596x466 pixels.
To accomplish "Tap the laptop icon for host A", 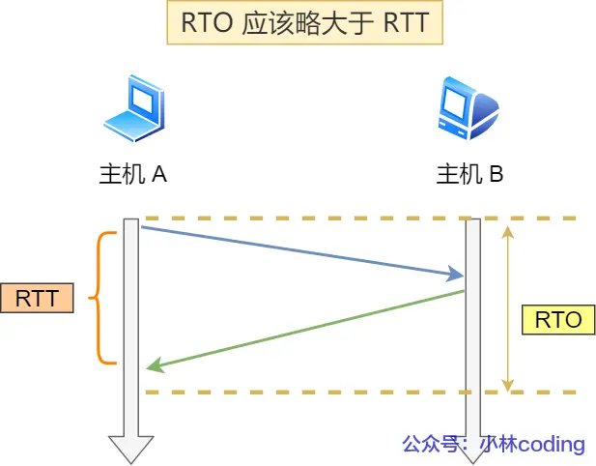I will tap(132, 109).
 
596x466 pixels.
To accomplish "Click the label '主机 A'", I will tap(133, 174).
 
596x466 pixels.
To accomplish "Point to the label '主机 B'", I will tap(469, 174).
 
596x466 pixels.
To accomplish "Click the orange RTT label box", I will tap(38, 298).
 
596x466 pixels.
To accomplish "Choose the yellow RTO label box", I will tap(557, 320).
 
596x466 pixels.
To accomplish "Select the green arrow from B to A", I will tap(304, 329).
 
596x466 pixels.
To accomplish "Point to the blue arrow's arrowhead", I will tap(456, 277).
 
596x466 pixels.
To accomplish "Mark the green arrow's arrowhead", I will tap(153, 366).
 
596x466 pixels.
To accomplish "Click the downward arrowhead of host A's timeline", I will tap(130, 449).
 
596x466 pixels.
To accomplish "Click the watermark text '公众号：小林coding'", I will tap(493, 444).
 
